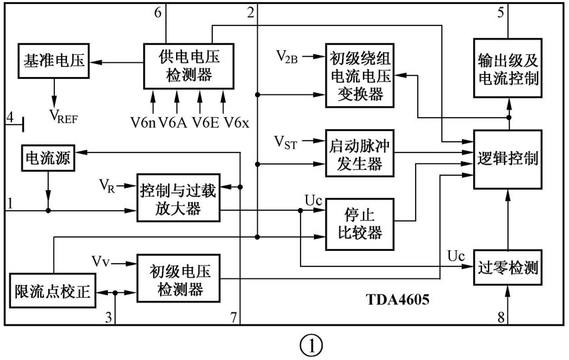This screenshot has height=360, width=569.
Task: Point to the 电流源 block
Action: tap(47, 159)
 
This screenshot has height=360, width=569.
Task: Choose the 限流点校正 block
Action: tap(52, 292)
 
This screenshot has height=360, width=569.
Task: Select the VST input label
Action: tap(287, 142)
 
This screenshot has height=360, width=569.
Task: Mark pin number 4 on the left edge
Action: tap(9, 118)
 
